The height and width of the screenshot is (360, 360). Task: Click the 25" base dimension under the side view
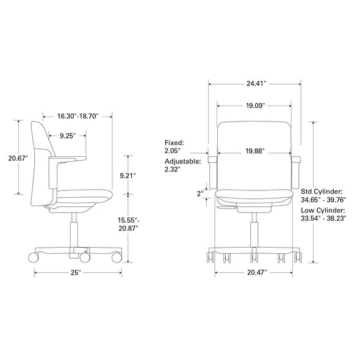tap(76, 272)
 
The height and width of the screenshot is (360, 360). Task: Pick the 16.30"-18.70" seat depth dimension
tap(79, 115)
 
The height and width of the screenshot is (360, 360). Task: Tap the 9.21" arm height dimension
tap(128, 175)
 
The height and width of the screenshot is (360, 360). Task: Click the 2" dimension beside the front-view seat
tap(200, 194)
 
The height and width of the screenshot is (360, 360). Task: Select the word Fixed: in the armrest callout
tap(174, 142)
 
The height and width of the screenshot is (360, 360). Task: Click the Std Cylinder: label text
tap(321, 191)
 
